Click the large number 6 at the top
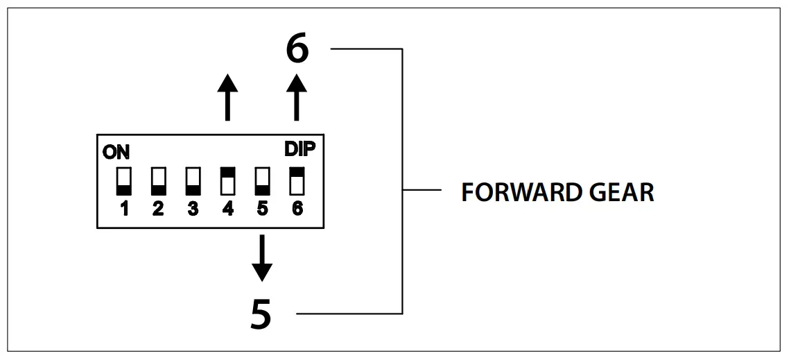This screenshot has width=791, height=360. (x=297, y=49)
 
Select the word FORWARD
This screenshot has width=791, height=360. (x=510, y=192)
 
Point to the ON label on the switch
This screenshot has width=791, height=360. (x=116, y=153)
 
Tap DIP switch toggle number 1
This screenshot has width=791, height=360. (x=123, y=181)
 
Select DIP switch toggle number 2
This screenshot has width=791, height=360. (x=158, y=181)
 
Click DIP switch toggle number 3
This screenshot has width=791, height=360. (x=193, y=181)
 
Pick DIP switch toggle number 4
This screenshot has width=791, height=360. (x=227, y=181)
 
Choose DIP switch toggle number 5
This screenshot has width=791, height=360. (x=262, y=181)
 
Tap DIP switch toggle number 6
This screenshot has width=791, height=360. (x=297, y=181)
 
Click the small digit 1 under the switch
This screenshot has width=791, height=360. (x=124, y=209)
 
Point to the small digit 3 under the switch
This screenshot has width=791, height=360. (x=193, y=209)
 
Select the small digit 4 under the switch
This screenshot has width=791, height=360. (x=227, y=209)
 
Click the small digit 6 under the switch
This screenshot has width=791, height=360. (x=297, y=209)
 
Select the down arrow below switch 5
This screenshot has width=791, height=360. (x=261, y=258)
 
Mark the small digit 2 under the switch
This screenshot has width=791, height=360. (x=158, y=209)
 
